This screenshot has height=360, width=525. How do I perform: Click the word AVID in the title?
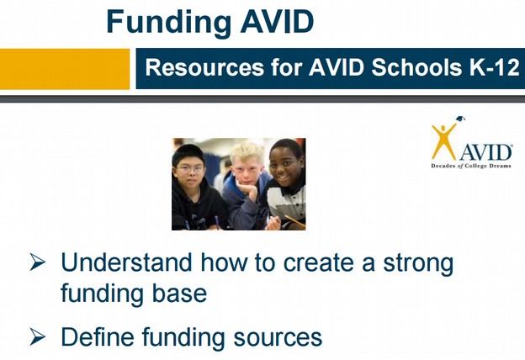pyautogui.click(x=277, y=21)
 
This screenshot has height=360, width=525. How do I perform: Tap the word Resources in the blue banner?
pyautogui.click(x=205, y=67)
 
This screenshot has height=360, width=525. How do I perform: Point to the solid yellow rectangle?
pyautogui.click(x=65, y=69)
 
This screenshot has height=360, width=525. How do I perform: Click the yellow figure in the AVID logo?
pyautogui.click(x=444, y=141)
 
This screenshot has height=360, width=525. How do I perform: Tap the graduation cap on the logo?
pyautogui.click(x=461, y=119)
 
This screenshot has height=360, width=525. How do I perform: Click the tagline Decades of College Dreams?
pyautogui.click(x=471, y=166)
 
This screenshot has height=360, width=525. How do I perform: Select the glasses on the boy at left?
pyautogui.click(x=190, y=169)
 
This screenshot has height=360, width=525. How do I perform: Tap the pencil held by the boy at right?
pyautogui.click(x=294, y=220)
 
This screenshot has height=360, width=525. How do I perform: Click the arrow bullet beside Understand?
pyautogui.click(x=37, y=262)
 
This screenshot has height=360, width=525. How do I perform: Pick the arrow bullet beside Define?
pyautogui.click(x=37, y=336)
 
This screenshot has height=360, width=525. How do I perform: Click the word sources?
pyautogui.click(x=278, y=337)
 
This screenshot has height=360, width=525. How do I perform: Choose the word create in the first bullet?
pyautogui.click(x=318, y=263)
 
